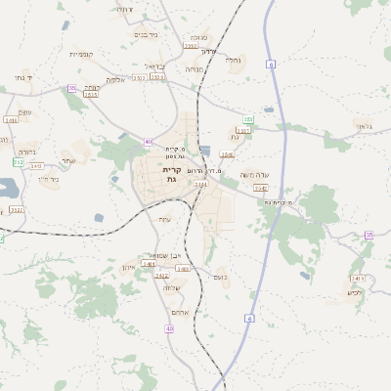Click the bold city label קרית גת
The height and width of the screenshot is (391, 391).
pyautogui.click(x=172, y=175)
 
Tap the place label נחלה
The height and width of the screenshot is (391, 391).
pyautogui.click(x=233, y=60)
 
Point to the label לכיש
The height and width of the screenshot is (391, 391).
pyautogui.click(x=355, y=292)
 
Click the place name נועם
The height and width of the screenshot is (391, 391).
pyautogui.click(x=219, y=278)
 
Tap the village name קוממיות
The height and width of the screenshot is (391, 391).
pyautogui.click(x=81, y=54)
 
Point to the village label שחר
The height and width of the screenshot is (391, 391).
pyautogui.click(x=67, y=160)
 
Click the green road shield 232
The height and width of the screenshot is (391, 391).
pyautogui.click(x=19, y=162)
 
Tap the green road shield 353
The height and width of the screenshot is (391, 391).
pyautogui.click(x=248, y=119)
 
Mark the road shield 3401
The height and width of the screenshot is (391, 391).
pyautogui.click(x=149, y=263)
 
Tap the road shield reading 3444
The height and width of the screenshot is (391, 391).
pyautogui.click(x=200, y=184)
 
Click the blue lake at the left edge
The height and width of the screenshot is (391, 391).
pyautogui.click(x=6, y=188)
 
